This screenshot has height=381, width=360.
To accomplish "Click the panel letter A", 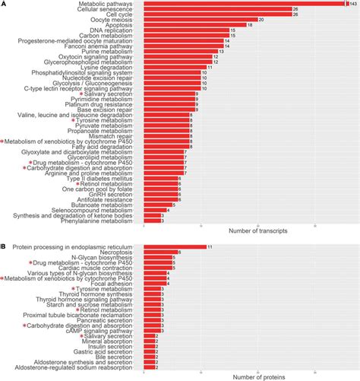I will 4,5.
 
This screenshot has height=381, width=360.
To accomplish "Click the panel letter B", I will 4,246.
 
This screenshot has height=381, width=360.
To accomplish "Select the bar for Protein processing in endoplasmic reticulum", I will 175,246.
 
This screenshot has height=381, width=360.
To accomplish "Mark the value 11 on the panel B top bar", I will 210,246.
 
